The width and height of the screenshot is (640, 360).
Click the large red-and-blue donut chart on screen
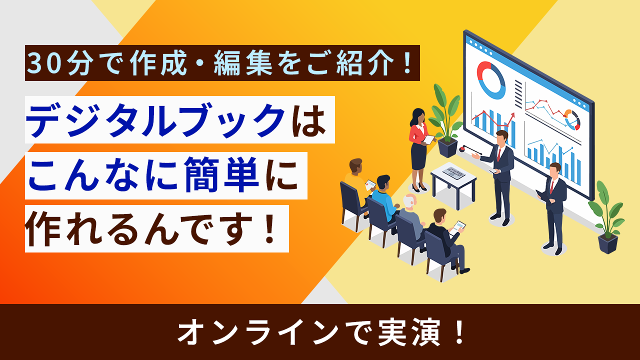point(491,79)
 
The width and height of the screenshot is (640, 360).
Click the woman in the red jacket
point(418,147)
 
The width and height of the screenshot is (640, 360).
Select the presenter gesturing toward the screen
point(501,172)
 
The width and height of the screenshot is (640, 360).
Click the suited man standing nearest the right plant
point(554,205)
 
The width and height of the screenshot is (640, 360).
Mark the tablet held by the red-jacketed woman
point(429,140)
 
